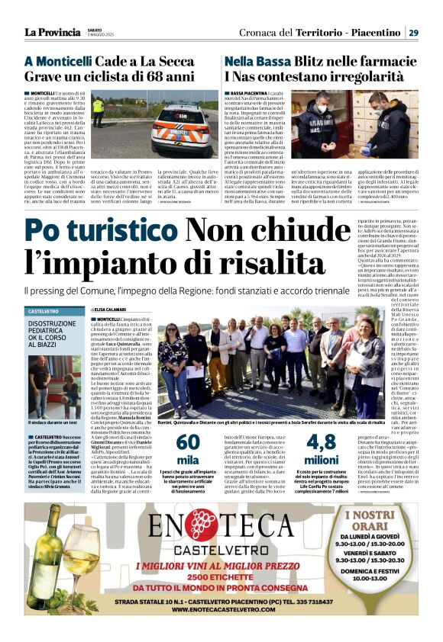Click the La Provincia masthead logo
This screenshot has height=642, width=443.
pyautogui.click(x=51, y=32)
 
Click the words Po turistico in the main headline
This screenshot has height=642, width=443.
pyautogui.click(x=100, y=231)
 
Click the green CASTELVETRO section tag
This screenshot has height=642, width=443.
pyautogui.click(x=44, y=312)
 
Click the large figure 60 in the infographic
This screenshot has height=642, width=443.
pyautogui.click(x=186, y=441)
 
